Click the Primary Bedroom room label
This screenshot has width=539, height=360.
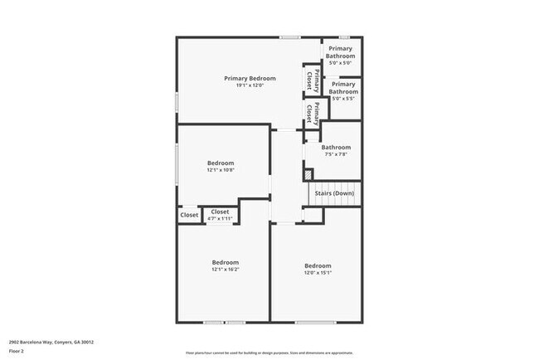click(250, 78)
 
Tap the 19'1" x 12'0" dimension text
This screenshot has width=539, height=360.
click(250, 85)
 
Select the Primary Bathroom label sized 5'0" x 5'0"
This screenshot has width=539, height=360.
click(341, 52)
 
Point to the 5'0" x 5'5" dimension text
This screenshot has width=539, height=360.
click(343, 99)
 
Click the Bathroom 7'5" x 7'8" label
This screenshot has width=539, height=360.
click(336, 148)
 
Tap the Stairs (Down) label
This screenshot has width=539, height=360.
click(336, 192)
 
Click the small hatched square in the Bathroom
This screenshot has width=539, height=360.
click(308, 174)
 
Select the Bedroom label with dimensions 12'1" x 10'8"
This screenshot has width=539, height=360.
click(220, 163)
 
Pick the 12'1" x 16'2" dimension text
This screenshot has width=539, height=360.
click(225, 270)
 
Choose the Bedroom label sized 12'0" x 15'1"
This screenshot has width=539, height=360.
click(318, 265)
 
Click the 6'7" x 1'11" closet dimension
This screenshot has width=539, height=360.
click(220, 219)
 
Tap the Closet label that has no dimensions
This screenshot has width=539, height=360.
click(189, 215)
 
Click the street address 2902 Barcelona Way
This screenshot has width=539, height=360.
click(51, 341)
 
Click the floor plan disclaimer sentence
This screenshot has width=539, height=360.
click(269, 353)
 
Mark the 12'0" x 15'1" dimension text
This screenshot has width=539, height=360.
click(318, 272)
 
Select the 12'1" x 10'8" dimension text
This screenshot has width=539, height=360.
click(220, 170)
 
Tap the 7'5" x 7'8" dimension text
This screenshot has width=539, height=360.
click(336, 154)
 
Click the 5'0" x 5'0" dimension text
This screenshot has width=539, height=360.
click(341, 63)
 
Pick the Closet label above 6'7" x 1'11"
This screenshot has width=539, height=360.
click(220, 212)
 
